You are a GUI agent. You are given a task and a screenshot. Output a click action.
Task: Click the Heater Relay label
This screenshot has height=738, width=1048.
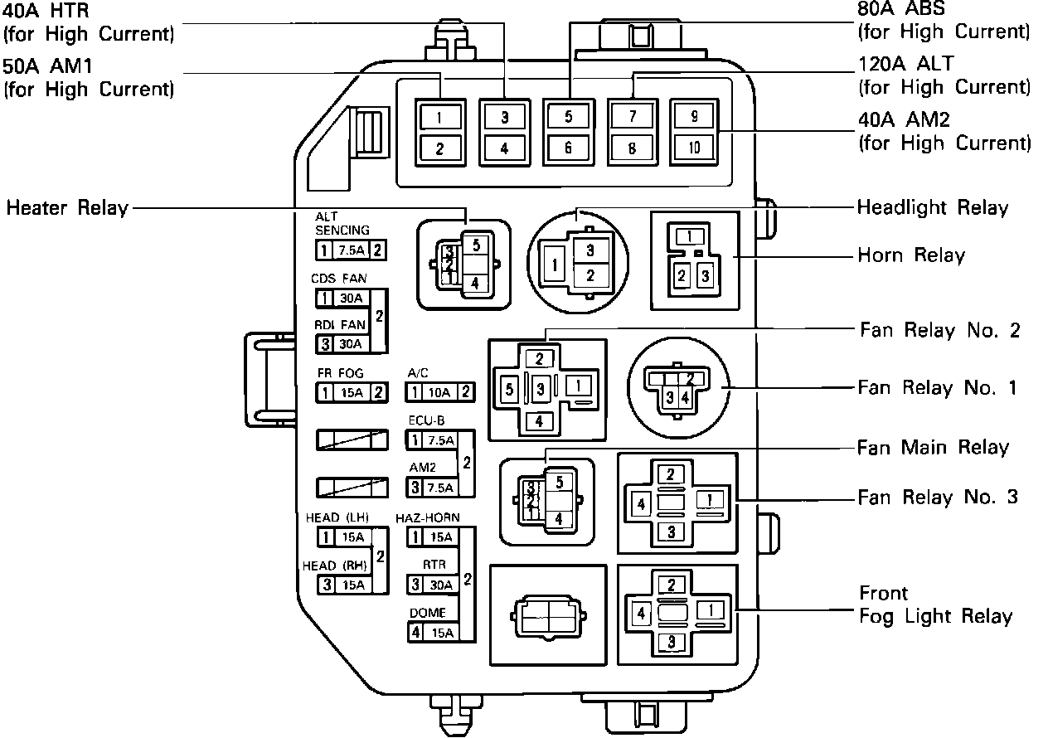click(x=67, y=207)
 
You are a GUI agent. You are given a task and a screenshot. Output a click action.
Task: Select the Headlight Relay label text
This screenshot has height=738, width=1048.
click(x=933, y=207)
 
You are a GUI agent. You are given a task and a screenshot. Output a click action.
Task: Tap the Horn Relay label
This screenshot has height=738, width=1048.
click(x=911, y=255)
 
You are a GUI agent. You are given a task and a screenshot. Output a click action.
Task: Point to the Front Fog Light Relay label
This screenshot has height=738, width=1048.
click(x=935, y=605)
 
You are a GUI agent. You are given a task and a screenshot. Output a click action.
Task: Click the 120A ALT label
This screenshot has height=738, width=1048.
click(x=906, y=63)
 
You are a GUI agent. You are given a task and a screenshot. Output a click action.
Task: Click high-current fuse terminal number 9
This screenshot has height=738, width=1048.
click(x=694, y=117)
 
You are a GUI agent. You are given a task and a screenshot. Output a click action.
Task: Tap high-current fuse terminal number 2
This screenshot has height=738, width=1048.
click(x=440, y=148)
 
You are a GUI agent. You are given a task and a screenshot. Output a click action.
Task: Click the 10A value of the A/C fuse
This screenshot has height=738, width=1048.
click(x=440, y=391)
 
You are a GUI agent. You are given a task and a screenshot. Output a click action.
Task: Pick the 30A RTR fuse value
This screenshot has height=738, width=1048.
click(x=440, y=585)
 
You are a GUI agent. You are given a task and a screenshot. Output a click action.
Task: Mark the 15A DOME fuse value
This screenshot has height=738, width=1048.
click(x=440, y=633)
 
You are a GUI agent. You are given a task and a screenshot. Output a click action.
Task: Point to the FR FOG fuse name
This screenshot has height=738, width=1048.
click(x=340, y=373)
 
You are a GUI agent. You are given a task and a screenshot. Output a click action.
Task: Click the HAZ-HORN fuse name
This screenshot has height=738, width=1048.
click(x=428, y=518)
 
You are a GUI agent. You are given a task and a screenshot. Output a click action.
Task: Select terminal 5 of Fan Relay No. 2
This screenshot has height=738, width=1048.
click(x=509, y=388)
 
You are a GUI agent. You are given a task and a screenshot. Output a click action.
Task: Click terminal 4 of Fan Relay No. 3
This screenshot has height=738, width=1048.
click(x=641, y=503)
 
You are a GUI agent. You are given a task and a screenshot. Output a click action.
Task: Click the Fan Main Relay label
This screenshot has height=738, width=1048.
click(x=933, y=448)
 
